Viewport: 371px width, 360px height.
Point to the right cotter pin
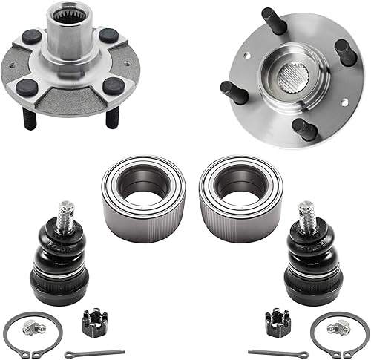tap(278, 352)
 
